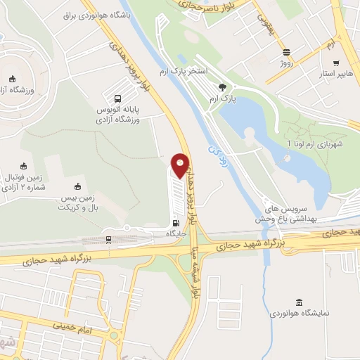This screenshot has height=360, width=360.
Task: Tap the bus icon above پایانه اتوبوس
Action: tap(117, 99)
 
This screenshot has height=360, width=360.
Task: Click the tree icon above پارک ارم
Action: tap(223, 88)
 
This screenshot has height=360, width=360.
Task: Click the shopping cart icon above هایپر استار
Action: tap(343, 63)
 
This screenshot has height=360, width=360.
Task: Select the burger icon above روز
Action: tap(286, 52)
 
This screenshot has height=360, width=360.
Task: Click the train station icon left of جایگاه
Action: tap(108, 240)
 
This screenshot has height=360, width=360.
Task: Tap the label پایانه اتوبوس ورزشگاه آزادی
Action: tap(117, 115)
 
